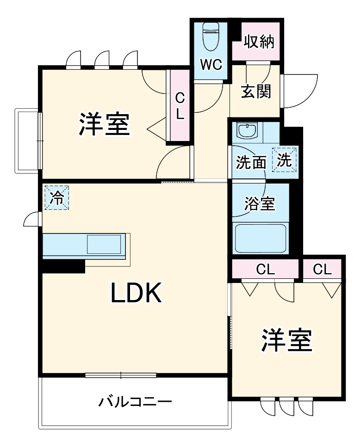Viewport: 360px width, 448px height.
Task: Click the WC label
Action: (x=211, y=65)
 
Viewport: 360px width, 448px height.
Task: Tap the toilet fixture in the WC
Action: (x=211, y=37)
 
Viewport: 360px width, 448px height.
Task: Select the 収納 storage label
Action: (x=259, y=42)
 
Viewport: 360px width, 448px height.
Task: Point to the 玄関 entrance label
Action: (x=255, y=91)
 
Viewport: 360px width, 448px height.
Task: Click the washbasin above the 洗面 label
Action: (x=249, y=130)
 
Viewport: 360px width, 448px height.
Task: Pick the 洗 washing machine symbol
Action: (x=285, y=160)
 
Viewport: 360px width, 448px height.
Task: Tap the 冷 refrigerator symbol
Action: (x=56, y=198)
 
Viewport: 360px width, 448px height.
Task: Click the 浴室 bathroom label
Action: (x=260, y=203)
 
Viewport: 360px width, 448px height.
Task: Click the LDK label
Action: (x=136, y=293)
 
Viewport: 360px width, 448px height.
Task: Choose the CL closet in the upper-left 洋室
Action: (x=180, y=106)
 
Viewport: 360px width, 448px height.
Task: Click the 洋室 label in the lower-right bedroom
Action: (x=287, y=341)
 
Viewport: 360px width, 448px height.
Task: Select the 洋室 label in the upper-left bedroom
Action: (x=104, y=123)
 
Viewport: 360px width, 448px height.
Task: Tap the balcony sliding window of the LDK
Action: (x=121, y=375)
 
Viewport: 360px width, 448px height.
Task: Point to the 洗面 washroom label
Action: (x=251, y=163)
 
